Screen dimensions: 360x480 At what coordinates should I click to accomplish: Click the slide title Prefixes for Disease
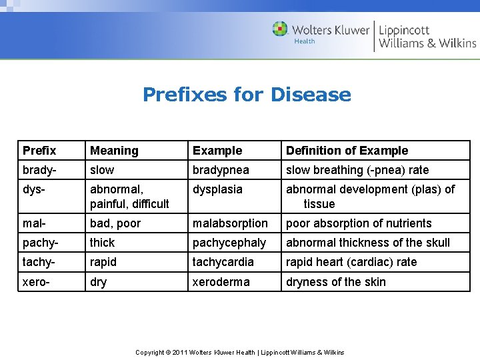[x=247, y=95]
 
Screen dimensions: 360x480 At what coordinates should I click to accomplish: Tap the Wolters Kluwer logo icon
[x=280, y=29]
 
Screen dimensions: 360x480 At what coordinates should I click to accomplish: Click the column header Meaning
[x=114, y=151]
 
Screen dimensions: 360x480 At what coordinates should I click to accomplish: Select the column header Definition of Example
[x=347, y=151]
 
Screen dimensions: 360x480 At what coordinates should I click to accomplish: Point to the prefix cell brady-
[x=39, y=170]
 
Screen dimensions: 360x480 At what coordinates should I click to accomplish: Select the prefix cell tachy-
[x=39, y=262]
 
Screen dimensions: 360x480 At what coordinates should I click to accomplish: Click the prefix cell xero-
[x=37, y=282]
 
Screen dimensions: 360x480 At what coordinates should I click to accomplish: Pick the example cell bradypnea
[x=221, y=170]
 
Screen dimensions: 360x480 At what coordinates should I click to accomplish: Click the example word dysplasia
[x=217, y=189]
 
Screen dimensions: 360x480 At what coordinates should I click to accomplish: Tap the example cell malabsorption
[x=230, y=223]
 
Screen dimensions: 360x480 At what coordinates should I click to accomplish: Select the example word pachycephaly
[x=229, y=243]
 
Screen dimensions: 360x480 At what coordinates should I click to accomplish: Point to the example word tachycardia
[x=223, y=262]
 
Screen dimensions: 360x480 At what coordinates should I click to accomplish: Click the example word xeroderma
[x=221, y=282]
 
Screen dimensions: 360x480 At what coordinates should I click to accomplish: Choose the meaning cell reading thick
[x=102, y=243]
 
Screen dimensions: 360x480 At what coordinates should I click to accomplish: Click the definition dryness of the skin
[x=336, y=282]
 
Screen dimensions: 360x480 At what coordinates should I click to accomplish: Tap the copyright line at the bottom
[x=240, y=352]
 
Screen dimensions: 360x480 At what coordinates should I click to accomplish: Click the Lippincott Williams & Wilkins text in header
[x=427, y=37]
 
